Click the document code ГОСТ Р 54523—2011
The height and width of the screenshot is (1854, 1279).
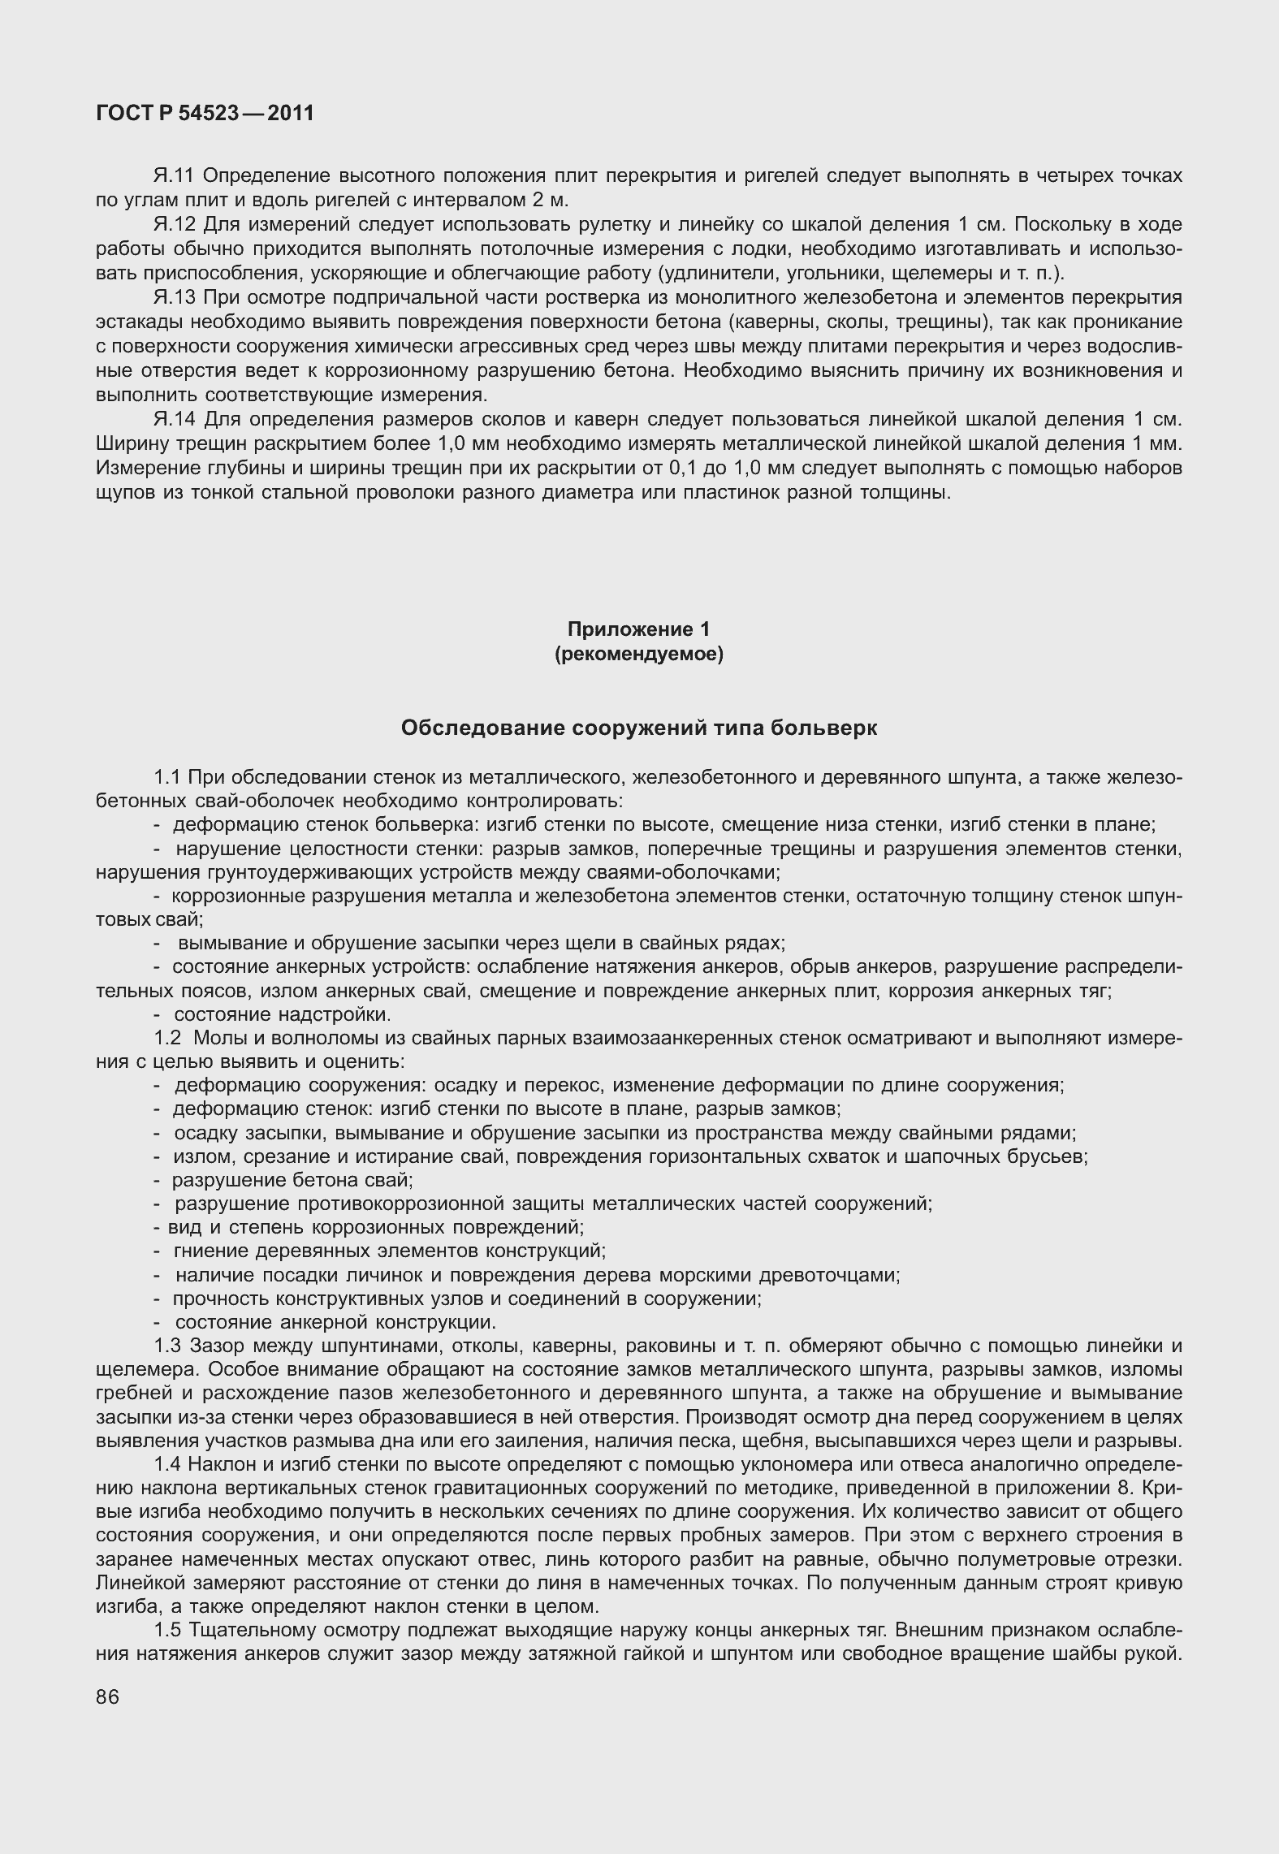[x=205, y=113]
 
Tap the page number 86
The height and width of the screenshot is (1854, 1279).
[x=107, y=1696]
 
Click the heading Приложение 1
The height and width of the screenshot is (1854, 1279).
[x=638, y=629]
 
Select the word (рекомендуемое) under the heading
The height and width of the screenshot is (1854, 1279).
[x=638, y=654]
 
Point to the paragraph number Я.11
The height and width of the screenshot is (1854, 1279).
[x=174, y=175]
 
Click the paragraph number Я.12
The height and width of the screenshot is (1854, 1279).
[x=174, y=224]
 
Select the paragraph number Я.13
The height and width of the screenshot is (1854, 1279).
[x=174, y=297]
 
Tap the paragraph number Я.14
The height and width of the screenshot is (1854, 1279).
[x=174, y=419]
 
